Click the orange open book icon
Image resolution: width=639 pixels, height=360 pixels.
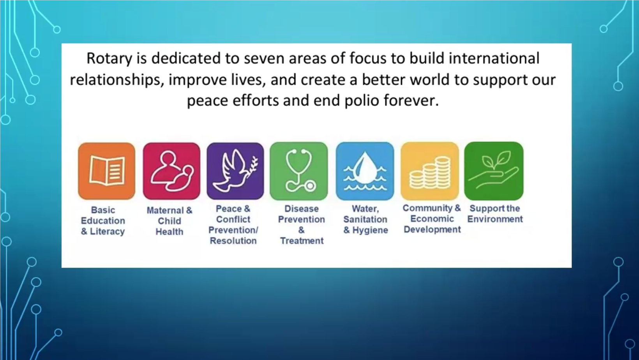pos(106,171)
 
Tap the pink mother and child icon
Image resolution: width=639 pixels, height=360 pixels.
pos(171,171)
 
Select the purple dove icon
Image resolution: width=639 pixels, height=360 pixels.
pos(235,171)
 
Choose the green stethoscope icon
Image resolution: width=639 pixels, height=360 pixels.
pos(299,171)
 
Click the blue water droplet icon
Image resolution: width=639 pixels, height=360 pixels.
pos(365,171)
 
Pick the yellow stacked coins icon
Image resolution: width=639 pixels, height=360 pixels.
pos(430,171)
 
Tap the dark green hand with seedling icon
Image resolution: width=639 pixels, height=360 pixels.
pos(494,171)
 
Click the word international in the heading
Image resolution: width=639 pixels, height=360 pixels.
pos(494,58)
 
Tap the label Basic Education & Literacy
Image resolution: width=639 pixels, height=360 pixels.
pos(103,221)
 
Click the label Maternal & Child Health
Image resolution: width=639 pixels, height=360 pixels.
pos(169,221)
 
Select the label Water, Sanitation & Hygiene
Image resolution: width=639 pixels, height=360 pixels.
pos(365,219)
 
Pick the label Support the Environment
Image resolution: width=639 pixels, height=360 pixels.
pos(495,214)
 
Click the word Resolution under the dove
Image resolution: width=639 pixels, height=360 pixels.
pos(233,241)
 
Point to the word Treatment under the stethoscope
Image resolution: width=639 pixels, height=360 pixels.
pos(302,241)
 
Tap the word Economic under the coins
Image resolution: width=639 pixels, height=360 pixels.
pos(432,219)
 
